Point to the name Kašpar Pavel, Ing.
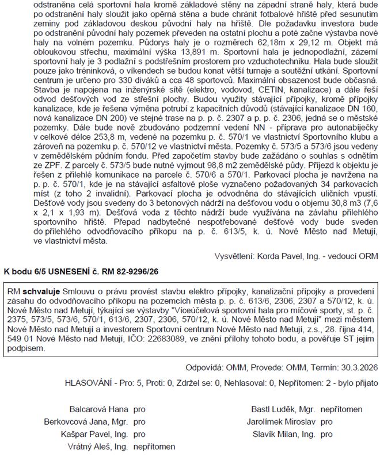click(91, 433)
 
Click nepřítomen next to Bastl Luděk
click(341, 409)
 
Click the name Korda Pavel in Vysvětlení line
click(282, 254)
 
